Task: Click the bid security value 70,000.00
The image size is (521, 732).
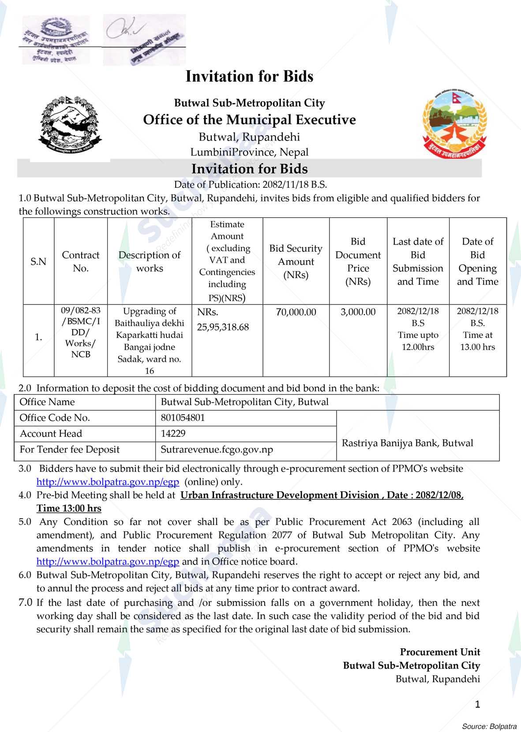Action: (296, 312)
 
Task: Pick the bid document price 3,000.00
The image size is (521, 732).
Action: (358, 312)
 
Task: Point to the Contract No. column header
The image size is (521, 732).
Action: (81, 261)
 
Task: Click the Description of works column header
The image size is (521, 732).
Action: (150, 261)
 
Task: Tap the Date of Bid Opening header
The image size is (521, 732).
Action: (477, 261)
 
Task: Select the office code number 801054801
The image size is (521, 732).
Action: (183, 418)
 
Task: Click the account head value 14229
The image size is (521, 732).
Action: (173, 434)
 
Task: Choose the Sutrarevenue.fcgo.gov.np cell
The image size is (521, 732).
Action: (217, 450)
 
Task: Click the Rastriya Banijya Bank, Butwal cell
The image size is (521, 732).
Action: (407, 443)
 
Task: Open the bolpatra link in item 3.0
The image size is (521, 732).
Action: (108, 482)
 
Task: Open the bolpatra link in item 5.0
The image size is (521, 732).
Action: (108, 561)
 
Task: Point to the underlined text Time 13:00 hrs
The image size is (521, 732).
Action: (69, 509)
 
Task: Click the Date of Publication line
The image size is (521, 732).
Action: (250, 185)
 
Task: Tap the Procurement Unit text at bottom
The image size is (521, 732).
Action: (440, 652)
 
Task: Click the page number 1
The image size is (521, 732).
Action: (477, 704)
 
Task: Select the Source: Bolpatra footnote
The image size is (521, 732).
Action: (489, 726)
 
